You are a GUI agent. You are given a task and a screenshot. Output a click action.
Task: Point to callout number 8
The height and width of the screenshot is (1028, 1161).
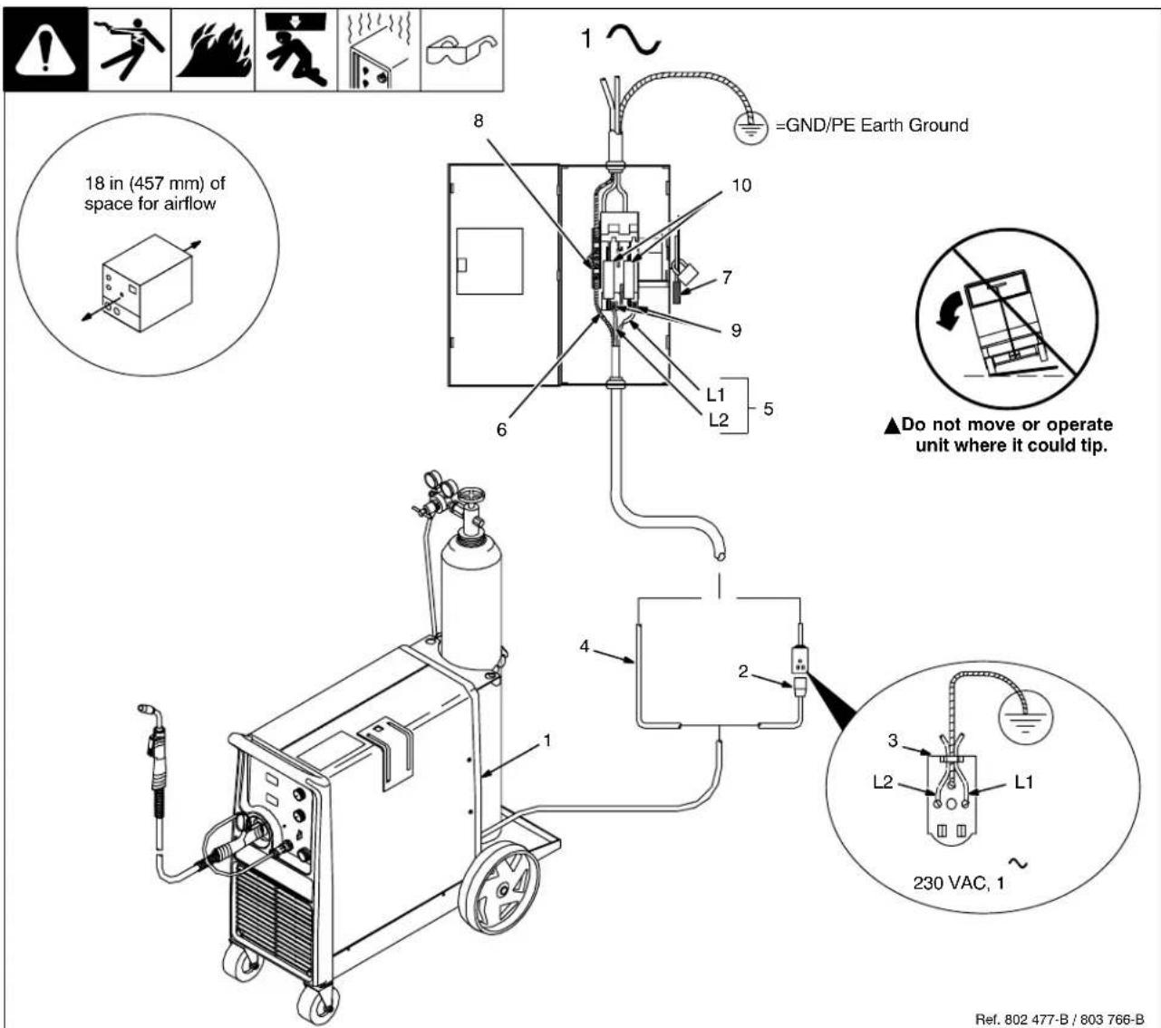(x=478, y=121)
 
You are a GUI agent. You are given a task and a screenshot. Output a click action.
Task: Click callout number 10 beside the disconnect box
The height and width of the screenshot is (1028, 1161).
(x=741, y=186)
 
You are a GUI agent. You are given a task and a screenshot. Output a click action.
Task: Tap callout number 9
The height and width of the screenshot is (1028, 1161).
(x=736, y=330)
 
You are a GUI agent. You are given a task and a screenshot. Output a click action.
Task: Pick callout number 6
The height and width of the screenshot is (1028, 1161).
(x=500, y=429)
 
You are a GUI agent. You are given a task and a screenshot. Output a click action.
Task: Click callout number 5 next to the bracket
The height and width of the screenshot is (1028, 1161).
(x=768, y=409)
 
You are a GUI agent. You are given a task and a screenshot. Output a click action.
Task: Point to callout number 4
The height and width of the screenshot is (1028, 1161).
(x=585, y=646)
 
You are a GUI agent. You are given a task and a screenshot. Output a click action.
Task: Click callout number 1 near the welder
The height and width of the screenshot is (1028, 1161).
(x=547, y=741)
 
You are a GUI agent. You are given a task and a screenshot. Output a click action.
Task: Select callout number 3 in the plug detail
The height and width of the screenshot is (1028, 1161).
(x=893, y=741)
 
